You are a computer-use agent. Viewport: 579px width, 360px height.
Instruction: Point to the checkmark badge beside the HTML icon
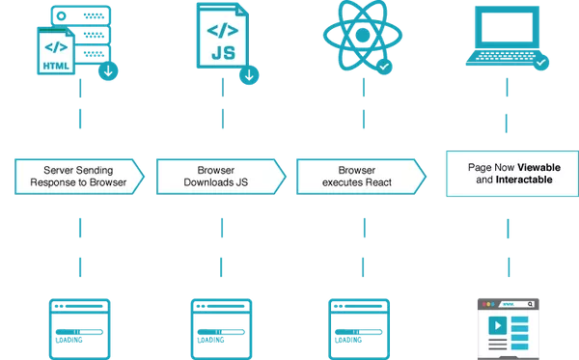click(110, 71)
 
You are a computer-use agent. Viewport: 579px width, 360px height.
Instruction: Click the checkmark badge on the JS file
click(249, 73)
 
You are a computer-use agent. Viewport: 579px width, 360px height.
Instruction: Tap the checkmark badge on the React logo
click(384, 67)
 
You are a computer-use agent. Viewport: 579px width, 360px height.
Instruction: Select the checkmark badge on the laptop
click(541, 63)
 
